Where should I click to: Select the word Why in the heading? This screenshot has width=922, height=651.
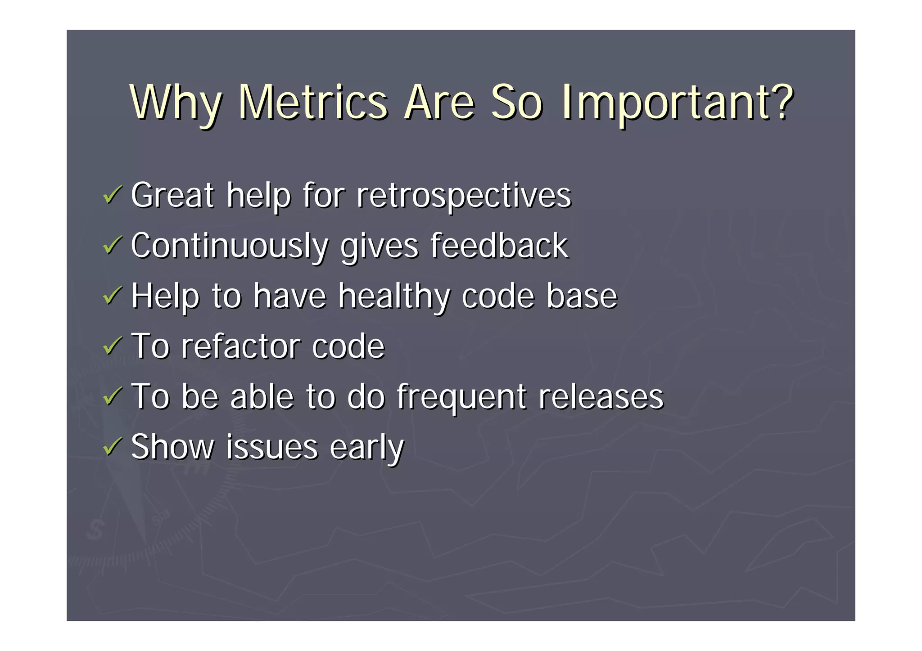tap(176, 103)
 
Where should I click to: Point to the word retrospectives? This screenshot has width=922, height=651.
tap(463, 196)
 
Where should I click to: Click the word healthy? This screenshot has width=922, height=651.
tap(394, 297)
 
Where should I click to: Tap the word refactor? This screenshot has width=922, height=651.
tap(240, 346)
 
